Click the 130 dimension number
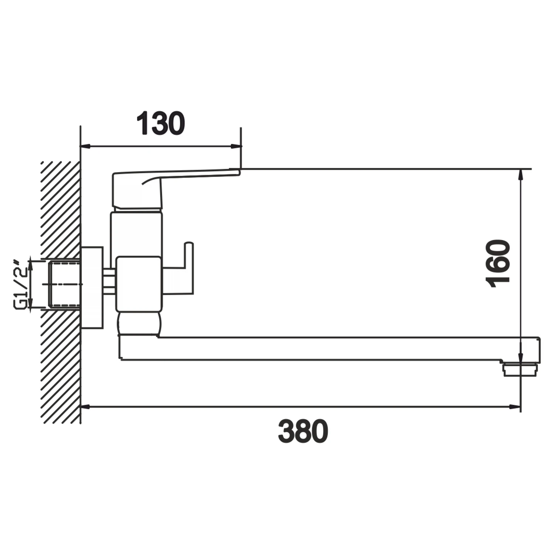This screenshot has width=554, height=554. coord(161,123)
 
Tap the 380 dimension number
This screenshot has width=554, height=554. coord(303,431)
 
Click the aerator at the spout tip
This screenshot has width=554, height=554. coord(519,369)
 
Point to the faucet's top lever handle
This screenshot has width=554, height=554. coord(148,188)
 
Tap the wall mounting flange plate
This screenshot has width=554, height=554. coord(92,287)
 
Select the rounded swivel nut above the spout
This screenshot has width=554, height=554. coord(139,323)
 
